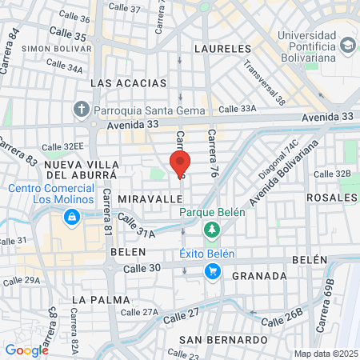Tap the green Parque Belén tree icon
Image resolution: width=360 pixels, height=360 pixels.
(x=211, y=230)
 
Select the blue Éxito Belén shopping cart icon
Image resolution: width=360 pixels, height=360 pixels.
(x=212, y=272)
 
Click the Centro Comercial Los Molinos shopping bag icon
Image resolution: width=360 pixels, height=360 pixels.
(x=72, y=217)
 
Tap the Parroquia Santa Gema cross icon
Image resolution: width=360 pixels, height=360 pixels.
(x=82, y=109)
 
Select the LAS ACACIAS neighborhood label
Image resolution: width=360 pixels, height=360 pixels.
(x=128, y=83)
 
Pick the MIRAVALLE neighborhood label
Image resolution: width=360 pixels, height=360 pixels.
(x=145, y=197)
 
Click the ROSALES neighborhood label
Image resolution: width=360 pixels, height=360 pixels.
(x=330, y=198)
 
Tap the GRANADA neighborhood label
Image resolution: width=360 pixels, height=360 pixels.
(x=258, y=276)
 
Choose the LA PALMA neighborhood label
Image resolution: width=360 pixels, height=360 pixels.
(x=100, y=299)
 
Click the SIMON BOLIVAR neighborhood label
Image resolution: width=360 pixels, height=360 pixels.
(x=52, y=49)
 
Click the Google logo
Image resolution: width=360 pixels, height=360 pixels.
(x=26, y=350)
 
